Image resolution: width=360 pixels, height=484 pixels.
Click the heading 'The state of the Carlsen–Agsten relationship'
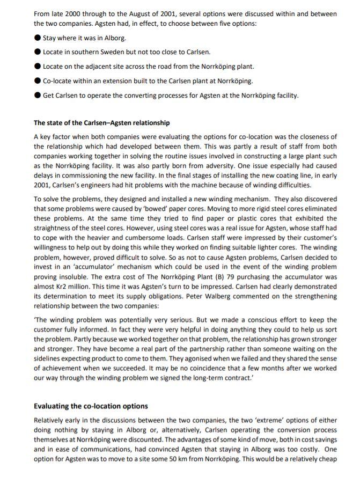101,123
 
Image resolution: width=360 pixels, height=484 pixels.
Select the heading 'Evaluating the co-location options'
91,406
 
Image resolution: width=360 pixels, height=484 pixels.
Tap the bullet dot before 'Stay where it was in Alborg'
37,38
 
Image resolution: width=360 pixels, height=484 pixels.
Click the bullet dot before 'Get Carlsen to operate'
37,96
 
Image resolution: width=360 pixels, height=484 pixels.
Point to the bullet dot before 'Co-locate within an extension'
37,81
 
